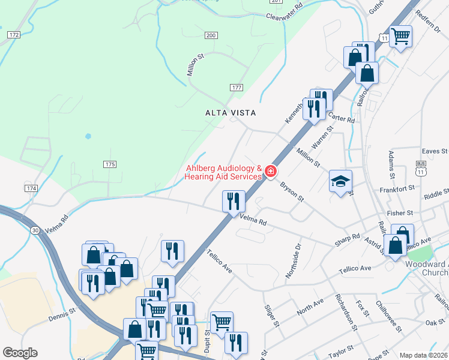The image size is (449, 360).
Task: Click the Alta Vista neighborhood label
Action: click(231, 113)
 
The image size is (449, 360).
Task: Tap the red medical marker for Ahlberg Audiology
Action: click(271, 172)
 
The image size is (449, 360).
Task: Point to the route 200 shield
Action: click(210, 36)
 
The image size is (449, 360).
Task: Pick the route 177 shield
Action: click(237, 88)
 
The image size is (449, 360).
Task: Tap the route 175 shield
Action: click(109, 164)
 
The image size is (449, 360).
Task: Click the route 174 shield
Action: click(31, 188)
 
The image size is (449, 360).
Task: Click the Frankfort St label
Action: click(397, 188)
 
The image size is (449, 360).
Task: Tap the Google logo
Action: click(20, 353)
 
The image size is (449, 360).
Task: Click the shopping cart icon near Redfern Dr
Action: click(400, 36)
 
